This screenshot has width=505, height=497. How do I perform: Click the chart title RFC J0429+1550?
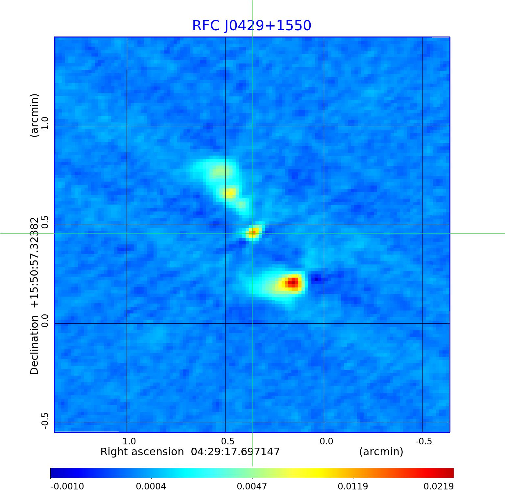tap(252, 26)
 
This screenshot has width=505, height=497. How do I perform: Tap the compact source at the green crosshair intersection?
tap(252, 233)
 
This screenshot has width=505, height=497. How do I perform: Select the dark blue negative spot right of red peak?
tap(317, 279)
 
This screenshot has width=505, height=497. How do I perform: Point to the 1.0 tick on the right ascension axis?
tap(129, 441)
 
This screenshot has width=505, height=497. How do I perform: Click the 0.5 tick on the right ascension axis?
tap(228, 441)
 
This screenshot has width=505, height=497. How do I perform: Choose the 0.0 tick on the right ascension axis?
tap(326, 441)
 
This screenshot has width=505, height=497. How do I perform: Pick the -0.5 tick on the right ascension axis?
tap(423, 441)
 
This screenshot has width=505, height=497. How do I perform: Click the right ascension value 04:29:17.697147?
tap(235, 452)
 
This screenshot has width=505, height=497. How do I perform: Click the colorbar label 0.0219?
tap(438, 486)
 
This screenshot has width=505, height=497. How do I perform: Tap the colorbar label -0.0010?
tap(67, 486)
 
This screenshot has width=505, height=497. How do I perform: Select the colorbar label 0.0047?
tap(252, 486)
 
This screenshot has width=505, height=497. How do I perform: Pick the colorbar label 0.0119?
tap(353, 486)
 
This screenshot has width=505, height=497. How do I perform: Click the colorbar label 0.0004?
tap(151, 486)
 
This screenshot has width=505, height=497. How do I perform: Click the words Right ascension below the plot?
tap(142, 452)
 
